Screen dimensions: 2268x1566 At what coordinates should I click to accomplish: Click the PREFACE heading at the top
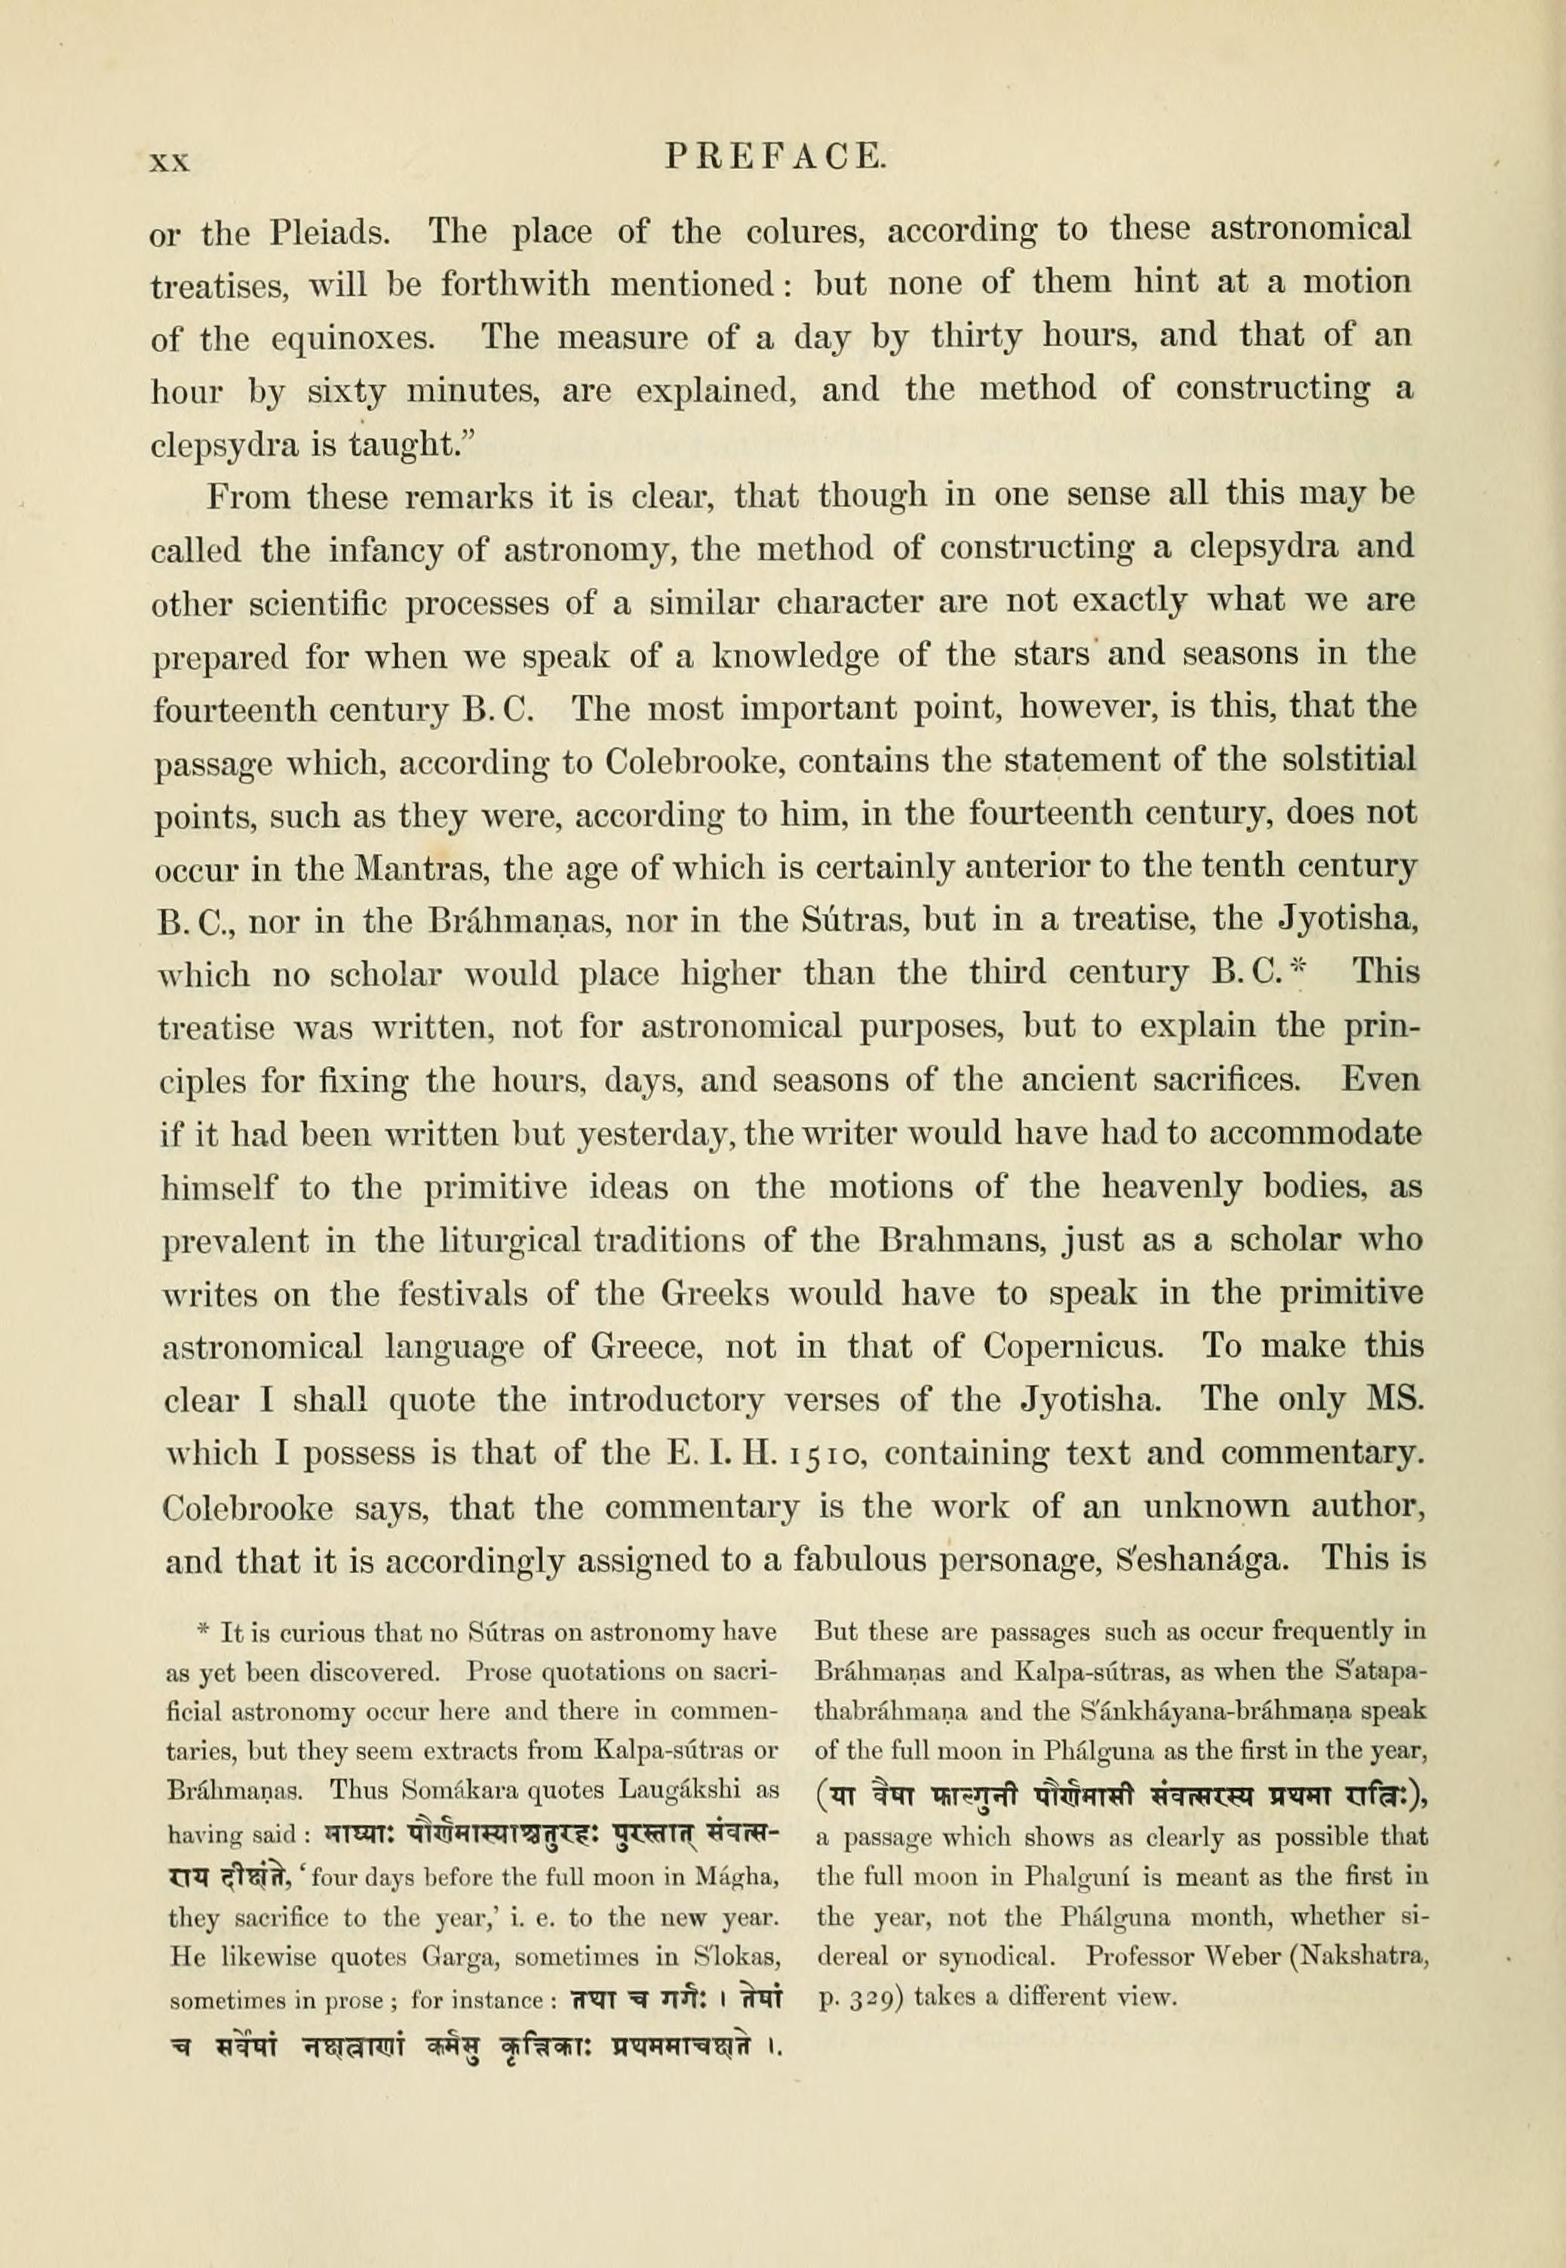tap(775, 158)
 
